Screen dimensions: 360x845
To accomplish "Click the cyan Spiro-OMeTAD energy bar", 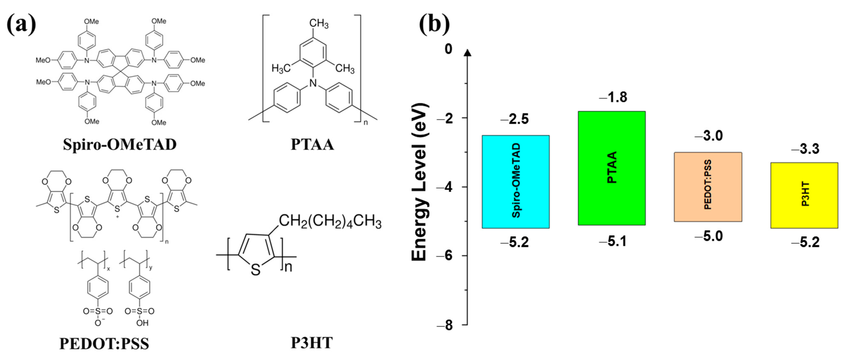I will (x=515, y=181).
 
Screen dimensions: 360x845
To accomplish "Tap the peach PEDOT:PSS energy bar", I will (x=708, y=187).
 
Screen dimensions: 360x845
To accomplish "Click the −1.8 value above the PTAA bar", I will (x=613, y=97).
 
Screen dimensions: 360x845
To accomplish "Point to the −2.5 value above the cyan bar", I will (x=515, y=119).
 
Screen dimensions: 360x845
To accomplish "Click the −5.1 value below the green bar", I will (x=613, y=241).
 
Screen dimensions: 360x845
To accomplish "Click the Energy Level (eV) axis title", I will (x=420, y=182).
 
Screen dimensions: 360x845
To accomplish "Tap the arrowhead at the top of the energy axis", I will (x=468, y=52).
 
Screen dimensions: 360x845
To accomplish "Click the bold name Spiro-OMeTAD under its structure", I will (x=120, y=144).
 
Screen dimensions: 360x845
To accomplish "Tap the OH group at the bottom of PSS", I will (x=142, y=323).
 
